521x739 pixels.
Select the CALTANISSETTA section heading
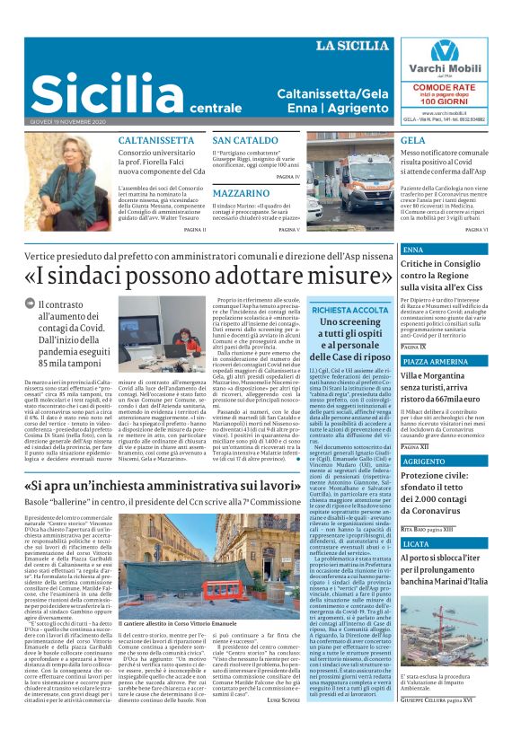point(155,141)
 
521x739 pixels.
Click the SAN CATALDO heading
point(245,141)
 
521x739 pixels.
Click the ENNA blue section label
point(413,249)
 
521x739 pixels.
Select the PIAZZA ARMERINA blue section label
point(435,361)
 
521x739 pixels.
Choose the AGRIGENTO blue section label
point(424,461)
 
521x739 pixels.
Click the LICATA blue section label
point(416,544)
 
